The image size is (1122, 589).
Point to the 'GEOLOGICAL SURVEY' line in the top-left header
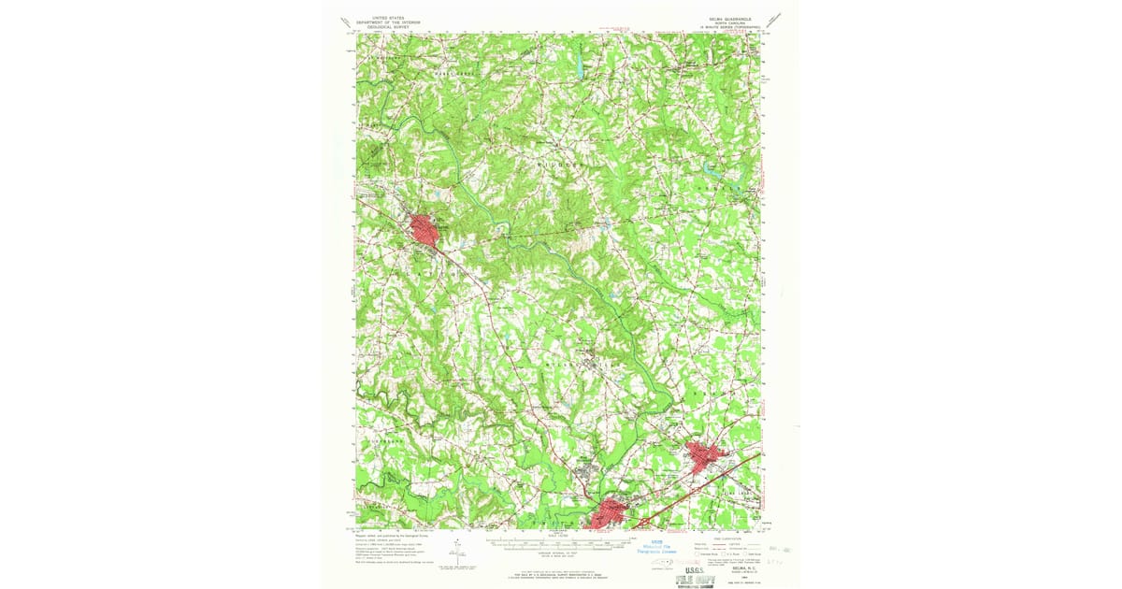click(x=394, y=27)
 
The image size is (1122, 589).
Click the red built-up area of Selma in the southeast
click(x=708, y=458)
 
